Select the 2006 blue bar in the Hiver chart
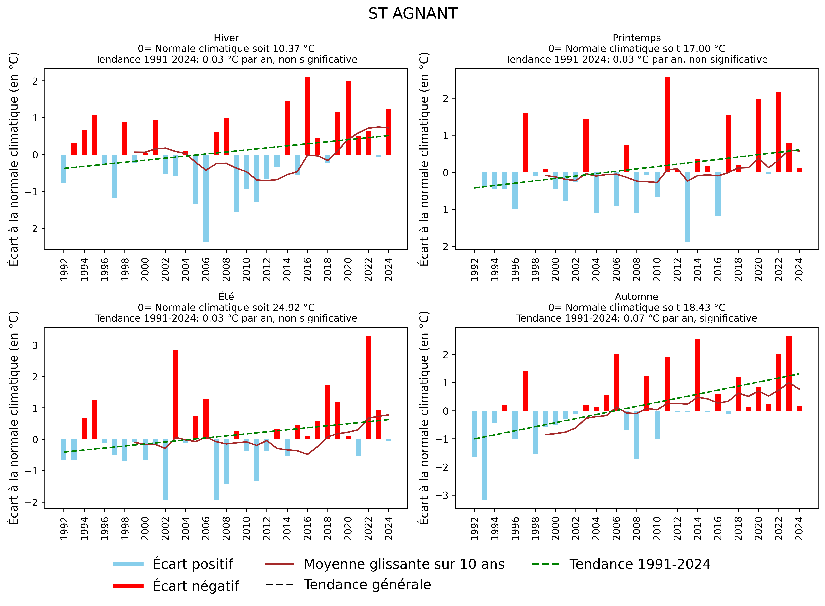tap(206, 198)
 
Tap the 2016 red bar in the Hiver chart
tap(307, 115)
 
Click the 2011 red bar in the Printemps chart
tap(667, 125)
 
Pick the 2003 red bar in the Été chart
tap(176, 394)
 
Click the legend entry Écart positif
tap(192, 564)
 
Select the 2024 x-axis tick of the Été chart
tap(389, 528)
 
